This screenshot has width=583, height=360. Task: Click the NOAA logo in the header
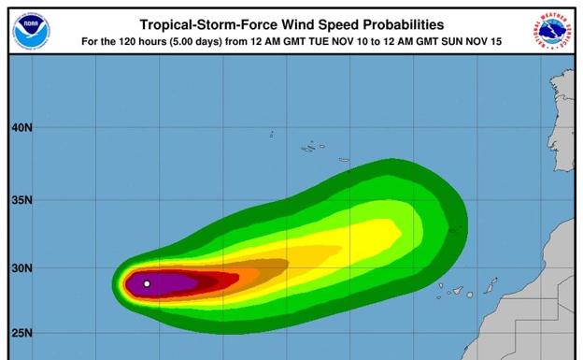pos(31,31)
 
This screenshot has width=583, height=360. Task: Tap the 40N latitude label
pos(21,127)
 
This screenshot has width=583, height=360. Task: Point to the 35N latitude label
pos(21,200)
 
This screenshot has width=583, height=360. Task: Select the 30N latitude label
pos(21,269)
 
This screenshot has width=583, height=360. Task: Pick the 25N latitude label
pos(21,333)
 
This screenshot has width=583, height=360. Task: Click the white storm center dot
pos(147,283)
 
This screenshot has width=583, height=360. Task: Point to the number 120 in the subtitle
pos(128,42)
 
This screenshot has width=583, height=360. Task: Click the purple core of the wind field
pos(168,282)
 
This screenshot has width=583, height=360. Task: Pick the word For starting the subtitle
pos(92,42)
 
